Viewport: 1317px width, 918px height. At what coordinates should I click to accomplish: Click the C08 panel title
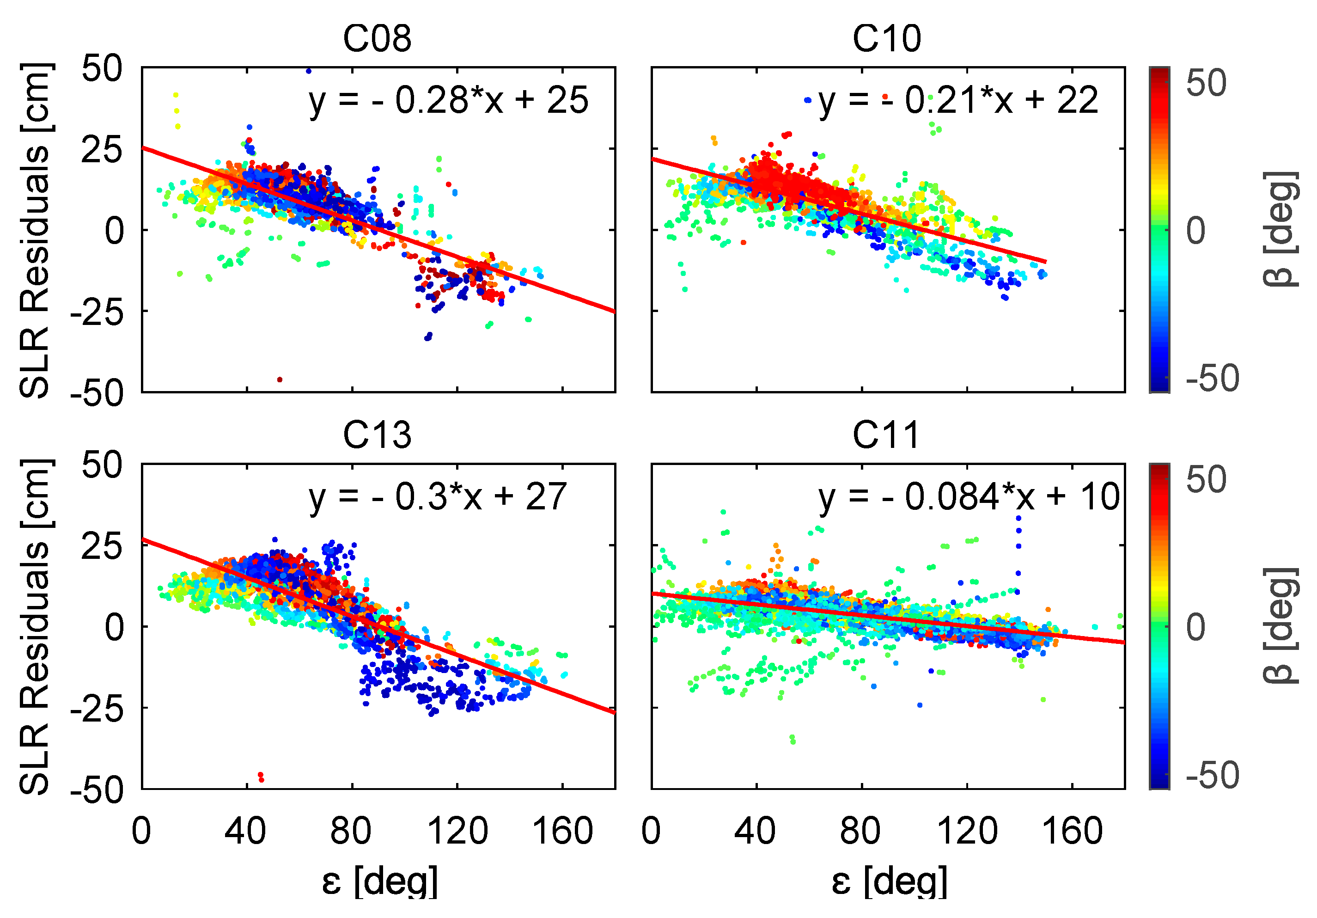pyautogui.click(x=377, y=39)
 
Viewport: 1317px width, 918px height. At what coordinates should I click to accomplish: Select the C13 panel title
pyautogui.click(x=377, y=435)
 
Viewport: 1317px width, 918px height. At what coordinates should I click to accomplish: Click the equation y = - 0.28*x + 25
pyautogui.click(x=449, y=101)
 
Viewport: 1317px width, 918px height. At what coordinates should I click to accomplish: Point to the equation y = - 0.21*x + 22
pyautogui.click(x=958, y=101)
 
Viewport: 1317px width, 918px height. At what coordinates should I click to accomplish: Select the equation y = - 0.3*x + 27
pyautogui.click(x=438, y=497)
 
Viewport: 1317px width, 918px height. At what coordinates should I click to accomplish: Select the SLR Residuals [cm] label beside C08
pyautogui.click(x=36, y=229)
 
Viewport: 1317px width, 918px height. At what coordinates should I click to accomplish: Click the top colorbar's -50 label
pyautogui.click(x=1212, y=378)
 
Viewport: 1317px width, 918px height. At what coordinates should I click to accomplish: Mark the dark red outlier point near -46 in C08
pyautogui.click(x=280, y=379)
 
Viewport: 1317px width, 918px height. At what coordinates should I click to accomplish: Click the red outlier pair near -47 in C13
pyautogui.click(x=261, y=777)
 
